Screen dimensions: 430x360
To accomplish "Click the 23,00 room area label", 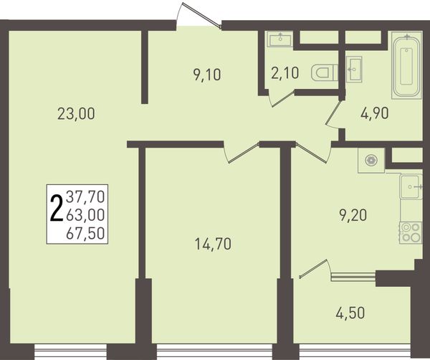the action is coord(76,113).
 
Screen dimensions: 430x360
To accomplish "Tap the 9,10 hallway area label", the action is coord(207,75).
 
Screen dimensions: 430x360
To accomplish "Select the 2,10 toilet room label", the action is coord(285,73).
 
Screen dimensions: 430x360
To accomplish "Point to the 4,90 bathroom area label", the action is coord(375,113).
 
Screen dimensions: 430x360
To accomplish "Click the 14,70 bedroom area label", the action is coord(213,245).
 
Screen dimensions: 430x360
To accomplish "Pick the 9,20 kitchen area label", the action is coord(353,215).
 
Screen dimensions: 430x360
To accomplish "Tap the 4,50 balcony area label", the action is coord(350,313).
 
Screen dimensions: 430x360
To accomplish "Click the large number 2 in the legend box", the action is coord(57,208).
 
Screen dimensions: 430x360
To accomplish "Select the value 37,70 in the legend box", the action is coord(85,196).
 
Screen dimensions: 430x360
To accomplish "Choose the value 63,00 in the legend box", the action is coord(85,215).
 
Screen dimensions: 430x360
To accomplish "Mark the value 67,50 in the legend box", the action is coord(85,233).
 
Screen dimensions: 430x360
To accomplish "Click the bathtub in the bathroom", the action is coord(406,65).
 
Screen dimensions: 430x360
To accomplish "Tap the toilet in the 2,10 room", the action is coord(325,73).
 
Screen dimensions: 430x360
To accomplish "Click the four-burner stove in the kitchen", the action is coord(411,232).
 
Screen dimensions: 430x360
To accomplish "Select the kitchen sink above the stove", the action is coord(411,187).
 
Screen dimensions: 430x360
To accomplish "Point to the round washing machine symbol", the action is coord(371,160).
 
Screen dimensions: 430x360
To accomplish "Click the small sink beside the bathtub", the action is coord(354,69).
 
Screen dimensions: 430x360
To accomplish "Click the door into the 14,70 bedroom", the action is coord(242,153).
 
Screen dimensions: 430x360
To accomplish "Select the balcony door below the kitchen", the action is coord(315,270).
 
